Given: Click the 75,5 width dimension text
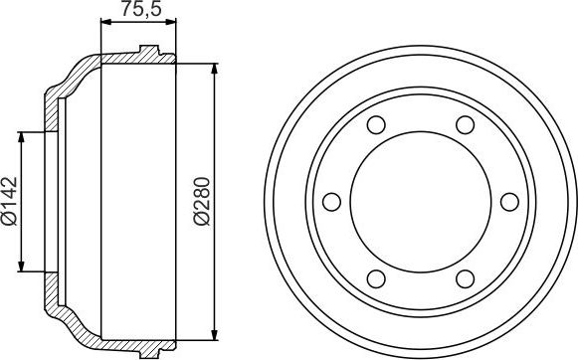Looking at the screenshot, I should (x=138, y=12).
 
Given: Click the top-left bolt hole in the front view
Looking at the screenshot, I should (x=375, y=126).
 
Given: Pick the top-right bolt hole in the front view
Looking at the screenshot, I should (x=464, y=126).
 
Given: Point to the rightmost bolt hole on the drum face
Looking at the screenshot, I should (x=509, y=202).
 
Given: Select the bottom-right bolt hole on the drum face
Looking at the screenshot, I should (x=464, y=278).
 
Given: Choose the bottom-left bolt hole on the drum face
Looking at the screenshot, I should (x=375, y=278).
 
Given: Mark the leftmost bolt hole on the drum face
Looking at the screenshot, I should (x=331, y=202).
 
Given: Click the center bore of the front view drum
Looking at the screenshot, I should (x=420, y=202).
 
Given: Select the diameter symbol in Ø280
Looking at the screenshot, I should (x=202, y=224).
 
